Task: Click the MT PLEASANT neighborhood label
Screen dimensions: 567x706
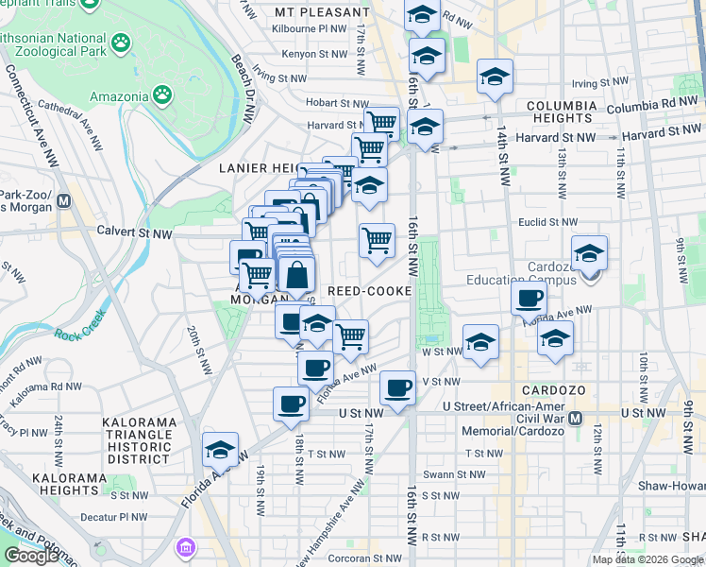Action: click(x=322, y=12)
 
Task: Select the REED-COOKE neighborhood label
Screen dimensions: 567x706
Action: click(x=370, y=291)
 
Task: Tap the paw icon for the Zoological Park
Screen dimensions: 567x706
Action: click(x=120, y=43)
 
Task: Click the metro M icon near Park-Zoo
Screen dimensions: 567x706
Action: click(x=65, y=200)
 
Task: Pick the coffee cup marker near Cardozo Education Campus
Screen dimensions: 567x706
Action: click(x=529, y=299)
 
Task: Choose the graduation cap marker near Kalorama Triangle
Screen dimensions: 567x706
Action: click(x=220, y=450)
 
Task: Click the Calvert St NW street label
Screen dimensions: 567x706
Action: click(x=136, y=231)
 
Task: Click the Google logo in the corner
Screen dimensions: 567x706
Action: click(x=31, y=556)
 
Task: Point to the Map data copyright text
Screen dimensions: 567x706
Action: click(x=647, y=559)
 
